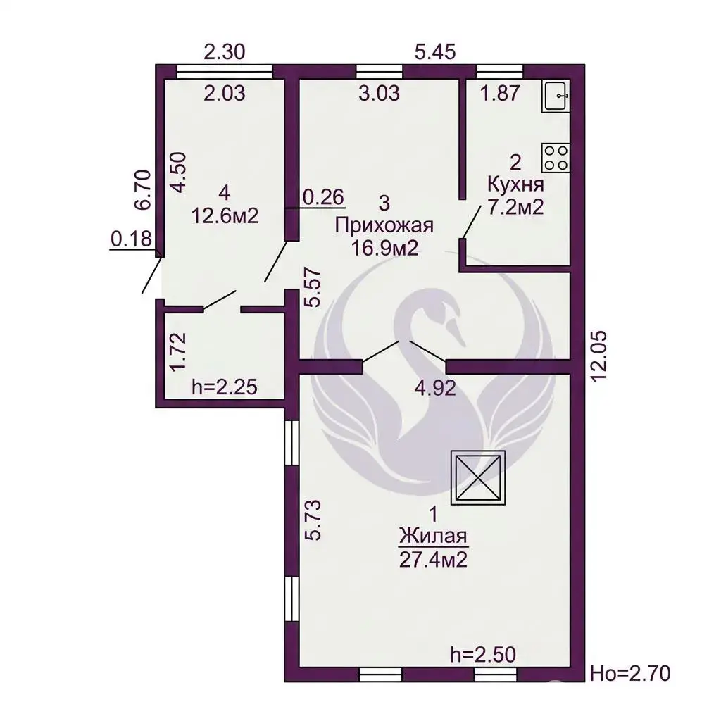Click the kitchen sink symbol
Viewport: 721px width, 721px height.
click(556, 95)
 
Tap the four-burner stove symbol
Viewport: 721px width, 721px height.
click(556, 158)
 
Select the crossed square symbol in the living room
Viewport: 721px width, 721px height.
click(478, 477)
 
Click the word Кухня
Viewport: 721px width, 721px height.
click(515, 185)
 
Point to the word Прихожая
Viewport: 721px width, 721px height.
click(384, 226)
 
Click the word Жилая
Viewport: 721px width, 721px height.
click(433, 536)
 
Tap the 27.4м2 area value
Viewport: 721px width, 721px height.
click(433, 560)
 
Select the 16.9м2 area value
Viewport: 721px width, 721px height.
click(384, 249)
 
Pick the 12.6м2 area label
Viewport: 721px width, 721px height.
click(225, 215)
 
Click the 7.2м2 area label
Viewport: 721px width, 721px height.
click(515, 208)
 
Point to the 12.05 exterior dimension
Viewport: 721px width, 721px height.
click(600, 356)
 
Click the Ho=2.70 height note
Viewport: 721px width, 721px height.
click(630, 674)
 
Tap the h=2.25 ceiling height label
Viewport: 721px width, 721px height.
click(225, 387)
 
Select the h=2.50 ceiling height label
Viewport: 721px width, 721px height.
click(483, 654)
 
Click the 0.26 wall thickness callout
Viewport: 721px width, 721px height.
click(323, 197)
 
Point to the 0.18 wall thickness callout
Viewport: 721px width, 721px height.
click(131, 239)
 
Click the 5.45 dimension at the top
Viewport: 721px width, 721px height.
click(435, 51)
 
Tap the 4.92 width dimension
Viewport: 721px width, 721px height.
click(435, 388)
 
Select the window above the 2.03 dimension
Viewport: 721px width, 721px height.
click(225, 73)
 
